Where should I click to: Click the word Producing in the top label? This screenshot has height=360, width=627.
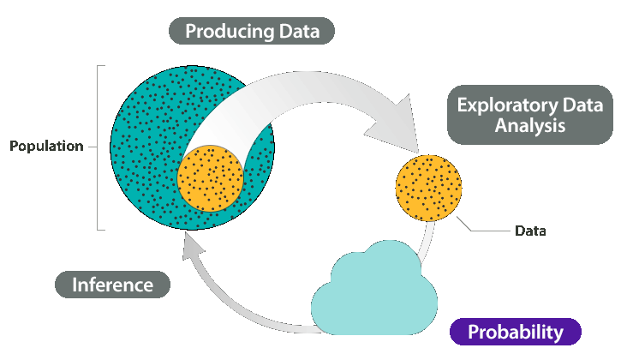[x=225, y=33]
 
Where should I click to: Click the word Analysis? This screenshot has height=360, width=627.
[x=531, y=125]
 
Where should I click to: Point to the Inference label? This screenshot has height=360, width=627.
[x=113, y=285]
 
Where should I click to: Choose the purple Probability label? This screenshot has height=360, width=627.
[x=516, y=332]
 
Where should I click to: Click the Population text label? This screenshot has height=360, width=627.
[x=46, y=146]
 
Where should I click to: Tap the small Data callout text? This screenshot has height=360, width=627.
[x=530, y=231]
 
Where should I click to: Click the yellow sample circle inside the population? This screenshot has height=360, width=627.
[x=211, y=178]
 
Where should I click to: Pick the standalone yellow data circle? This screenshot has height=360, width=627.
[x=428, y=188]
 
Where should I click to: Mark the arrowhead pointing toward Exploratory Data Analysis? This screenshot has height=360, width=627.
[x=395, y=125]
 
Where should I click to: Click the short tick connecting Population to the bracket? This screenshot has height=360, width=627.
[x=93, y=146]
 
